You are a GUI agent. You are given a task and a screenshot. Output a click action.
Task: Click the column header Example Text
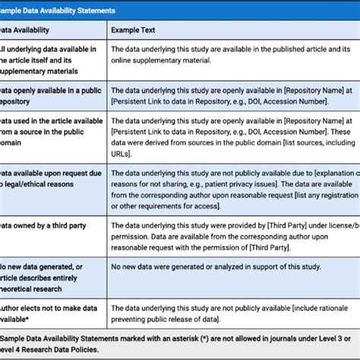[x=135, y=30]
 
